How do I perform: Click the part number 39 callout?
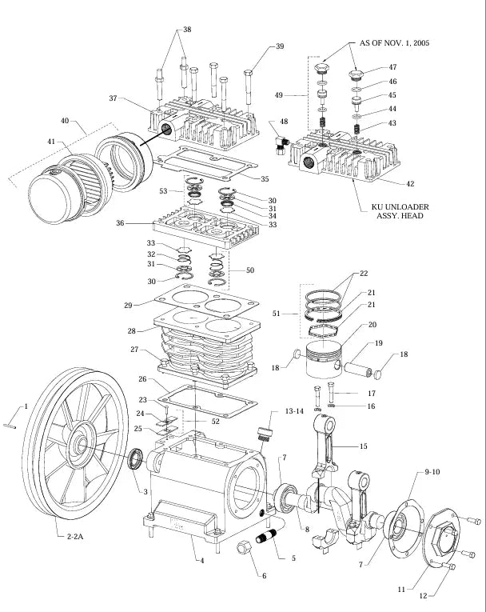(x=280, y=46)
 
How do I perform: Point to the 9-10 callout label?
(x=432, y=473)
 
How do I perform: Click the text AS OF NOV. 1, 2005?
(x=394, y=42)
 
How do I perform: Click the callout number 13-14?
(x=273, y=410)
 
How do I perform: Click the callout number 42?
(x=410, y=184)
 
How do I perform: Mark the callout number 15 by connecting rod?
(x=364, y=446)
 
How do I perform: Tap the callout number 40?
(x=64, y=122)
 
